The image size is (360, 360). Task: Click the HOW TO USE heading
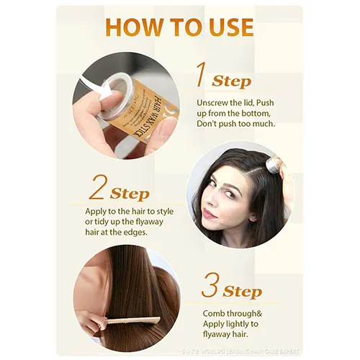coord(179,27)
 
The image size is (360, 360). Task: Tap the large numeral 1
coord(203,76)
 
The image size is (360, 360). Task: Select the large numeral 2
coord(98,189)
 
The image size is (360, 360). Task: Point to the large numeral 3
coord(210,285)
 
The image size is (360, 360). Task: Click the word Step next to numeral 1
coord(232,81)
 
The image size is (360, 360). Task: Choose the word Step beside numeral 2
coord(130,194)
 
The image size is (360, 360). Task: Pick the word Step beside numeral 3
coord(242,291)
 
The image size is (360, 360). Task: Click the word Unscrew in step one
coord(215,103)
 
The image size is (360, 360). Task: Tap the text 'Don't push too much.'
coord(235,124)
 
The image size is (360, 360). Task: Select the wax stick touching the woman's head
coord(272,166)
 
